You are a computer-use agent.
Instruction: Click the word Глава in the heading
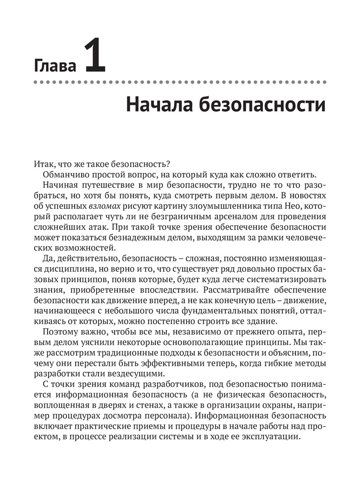click(55, 66)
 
